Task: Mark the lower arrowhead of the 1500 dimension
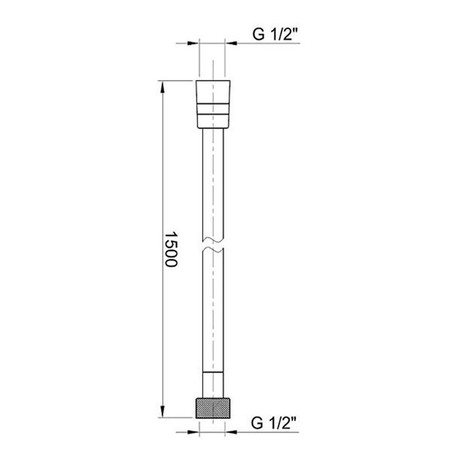[162, 411]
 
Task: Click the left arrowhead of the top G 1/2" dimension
[194, 43]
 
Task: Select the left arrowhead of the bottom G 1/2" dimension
[194, 432]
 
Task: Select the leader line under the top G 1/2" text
[268, 43]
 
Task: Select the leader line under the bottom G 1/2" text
[268, 432]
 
